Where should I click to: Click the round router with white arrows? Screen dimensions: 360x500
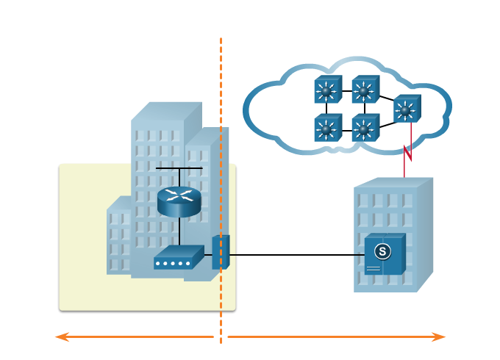(179, 198)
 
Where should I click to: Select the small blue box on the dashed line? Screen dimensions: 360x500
(221, 252)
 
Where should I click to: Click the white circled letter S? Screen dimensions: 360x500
(382, 251)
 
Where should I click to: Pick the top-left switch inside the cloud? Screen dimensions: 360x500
(327, 90)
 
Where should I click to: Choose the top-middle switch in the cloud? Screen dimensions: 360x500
(365, 90)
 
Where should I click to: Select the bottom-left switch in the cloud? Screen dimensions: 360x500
(327, 129)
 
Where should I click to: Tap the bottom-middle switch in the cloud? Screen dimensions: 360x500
(365, 129)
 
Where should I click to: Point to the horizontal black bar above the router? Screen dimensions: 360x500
(179, 169)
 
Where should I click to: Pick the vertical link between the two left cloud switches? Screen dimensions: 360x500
(326, 109)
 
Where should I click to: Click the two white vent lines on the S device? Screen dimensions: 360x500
(374, 269)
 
